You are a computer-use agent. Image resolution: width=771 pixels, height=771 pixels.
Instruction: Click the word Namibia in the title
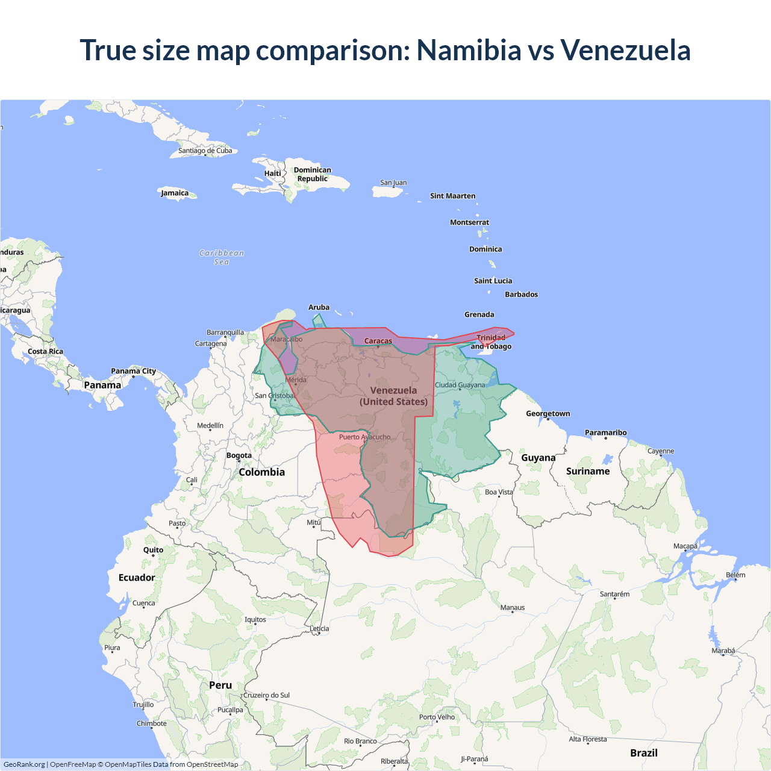(469, 50)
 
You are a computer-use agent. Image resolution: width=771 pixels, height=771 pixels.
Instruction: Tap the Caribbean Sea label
(222, 257)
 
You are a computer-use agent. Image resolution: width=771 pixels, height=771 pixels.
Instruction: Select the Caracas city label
(378, 341)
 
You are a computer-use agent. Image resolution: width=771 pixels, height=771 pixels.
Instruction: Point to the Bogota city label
(239, 455)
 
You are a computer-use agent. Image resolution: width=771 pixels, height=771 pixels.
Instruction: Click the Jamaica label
(175, 193)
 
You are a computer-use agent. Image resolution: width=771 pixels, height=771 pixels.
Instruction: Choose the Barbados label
(521, 295)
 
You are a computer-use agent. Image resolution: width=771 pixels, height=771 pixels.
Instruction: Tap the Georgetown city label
(548, 414)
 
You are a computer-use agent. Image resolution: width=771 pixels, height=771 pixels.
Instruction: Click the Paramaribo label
(605, 432)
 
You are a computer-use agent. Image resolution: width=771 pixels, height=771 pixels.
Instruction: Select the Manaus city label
(513, 608)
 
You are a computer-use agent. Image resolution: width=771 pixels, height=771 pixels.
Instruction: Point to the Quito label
(153, 550)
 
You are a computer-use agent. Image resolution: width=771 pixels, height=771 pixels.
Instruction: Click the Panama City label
(133, 371)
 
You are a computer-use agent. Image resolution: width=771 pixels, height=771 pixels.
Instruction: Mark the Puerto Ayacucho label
(364, 437)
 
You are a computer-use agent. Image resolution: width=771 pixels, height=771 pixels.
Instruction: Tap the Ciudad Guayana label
(460, 385)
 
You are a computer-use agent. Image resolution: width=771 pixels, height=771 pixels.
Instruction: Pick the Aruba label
(319, 307)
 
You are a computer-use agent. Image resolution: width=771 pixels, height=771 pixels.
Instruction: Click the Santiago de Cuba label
(205, 151)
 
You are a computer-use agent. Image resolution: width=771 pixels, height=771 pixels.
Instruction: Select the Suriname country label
(588, 471)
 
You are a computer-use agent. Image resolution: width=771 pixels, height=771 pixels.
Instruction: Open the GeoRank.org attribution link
(24, 764)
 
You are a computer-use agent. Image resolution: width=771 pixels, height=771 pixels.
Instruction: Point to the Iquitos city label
(255, 620)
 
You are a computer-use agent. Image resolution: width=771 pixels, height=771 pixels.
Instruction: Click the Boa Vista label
(499, 492)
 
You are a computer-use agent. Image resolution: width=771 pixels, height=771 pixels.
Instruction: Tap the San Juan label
(393, 183)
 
